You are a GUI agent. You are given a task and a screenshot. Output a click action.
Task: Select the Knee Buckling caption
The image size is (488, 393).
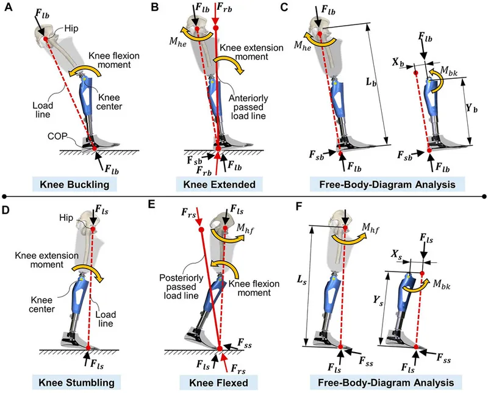(82, 182)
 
